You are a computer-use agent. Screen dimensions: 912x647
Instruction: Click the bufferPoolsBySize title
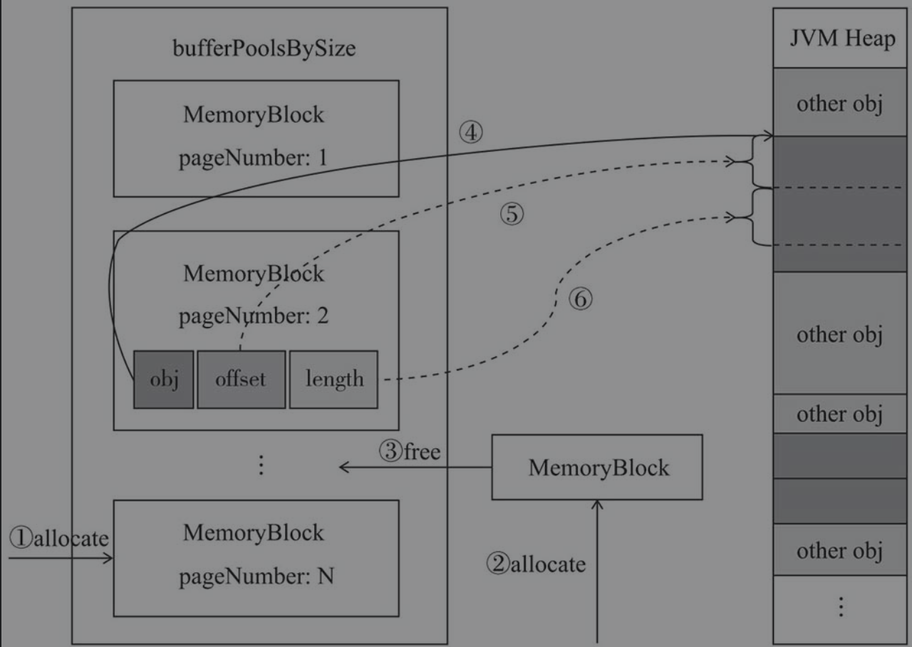coord(264,48)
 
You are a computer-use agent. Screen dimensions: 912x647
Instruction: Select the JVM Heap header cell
coord(840,38)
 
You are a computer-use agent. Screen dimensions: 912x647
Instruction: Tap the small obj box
coord(164,379)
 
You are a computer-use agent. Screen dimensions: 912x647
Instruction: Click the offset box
coord(242,379)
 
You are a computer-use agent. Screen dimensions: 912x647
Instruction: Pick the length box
coord(334,379)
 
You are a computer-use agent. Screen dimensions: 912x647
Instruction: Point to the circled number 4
coord(471,133)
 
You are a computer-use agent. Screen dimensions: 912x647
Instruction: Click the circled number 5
coord(512,214)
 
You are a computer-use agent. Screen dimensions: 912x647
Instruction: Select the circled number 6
coord(580,299)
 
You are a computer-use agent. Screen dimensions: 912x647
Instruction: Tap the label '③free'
coord(410,451)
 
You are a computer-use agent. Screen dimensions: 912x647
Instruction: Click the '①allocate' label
coord(59,538)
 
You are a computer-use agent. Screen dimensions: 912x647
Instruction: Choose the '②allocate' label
coord(537,564)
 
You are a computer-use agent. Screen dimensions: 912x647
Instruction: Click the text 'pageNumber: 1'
coord(253,158)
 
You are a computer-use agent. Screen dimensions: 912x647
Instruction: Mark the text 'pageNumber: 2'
coord(254,316)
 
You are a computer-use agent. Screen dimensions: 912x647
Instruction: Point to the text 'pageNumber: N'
coord(256,576)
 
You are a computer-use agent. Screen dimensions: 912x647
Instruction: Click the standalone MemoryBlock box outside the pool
coord(597,467)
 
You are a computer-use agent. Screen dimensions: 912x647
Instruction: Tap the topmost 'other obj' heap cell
coord(840,102)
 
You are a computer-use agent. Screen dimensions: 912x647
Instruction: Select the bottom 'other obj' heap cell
coord(840,550)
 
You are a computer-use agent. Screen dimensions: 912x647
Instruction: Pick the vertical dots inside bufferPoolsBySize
coord(261,465)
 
